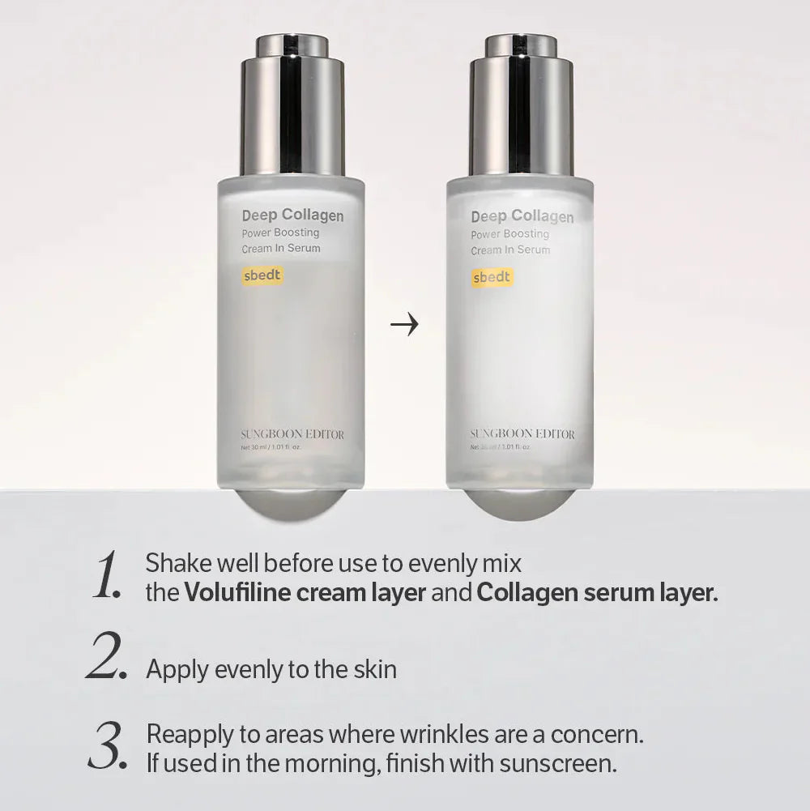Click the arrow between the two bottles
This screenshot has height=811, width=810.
(404, 326)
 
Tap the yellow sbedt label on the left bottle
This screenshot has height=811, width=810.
(262, 275)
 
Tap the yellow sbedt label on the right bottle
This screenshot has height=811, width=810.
(492, 277)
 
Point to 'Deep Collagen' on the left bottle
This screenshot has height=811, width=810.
(292, 216)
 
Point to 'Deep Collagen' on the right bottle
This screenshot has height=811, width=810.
(522, 216)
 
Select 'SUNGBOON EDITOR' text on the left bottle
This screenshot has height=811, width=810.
(292, 435)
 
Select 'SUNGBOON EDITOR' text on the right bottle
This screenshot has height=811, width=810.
(522, 434)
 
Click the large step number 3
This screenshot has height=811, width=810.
(107, 748)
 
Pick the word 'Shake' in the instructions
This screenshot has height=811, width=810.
(172, 562)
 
